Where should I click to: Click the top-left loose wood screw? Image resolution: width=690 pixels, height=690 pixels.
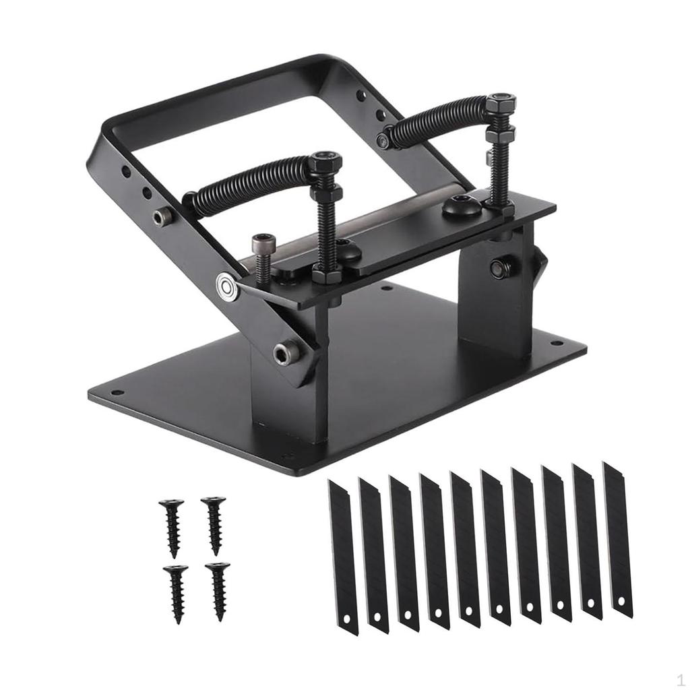tap(171, 526)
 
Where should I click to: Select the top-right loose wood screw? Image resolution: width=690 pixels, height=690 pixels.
tap(214, 522)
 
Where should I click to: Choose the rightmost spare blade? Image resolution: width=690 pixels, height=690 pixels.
tap(617, 539)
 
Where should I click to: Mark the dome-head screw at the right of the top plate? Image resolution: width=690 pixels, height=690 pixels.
tap(462, 205)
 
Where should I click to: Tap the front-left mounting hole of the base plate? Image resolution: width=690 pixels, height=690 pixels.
tap(117, 392)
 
